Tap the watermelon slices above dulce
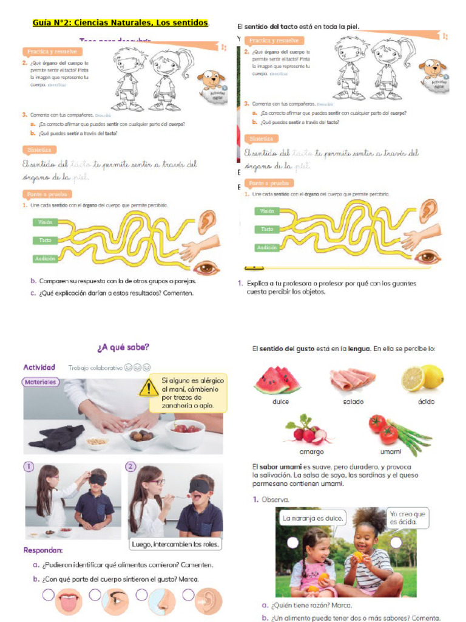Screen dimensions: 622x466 277,380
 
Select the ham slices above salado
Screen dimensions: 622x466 352,380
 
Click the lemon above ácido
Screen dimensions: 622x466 422,378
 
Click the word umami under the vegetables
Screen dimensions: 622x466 390,451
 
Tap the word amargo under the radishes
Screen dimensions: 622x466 311,451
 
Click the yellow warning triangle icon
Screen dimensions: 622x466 149,387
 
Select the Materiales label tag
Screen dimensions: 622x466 41,382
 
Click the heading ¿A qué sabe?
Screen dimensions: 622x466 123,347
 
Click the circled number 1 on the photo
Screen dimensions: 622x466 28,466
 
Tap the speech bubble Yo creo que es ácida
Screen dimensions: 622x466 408,518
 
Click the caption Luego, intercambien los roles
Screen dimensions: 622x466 175,544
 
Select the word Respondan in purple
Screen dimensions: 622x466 43,550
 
